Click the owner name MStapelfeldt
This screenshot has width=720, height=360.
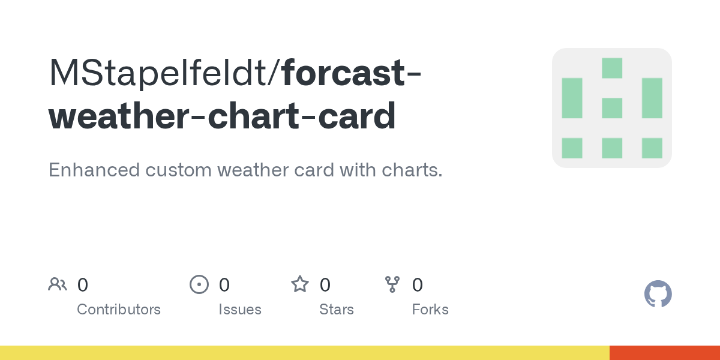coord(158,73)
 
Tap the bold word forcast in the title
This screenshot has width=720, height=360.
coord(343,73)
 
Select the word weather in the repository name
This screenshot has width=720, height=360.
coord(118,116)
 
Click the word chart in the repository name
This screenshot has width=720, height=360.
coord(254,116)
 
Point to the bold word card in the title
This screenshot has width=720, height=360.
coord(357,116)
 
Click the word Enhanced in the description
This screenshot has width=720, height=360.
coord(94,170)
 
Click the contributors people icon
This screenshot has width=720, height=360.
coord(58,284)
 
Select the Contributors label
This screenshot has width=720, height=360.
coord(119,310)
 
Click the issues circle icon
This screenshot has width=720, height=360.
coord(199,284)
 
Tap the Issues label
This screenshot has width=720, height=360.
coord(240,310)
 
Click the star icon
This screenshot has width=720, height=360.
coord(300,284)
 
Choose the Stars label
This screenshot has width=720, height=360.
coord(337,310)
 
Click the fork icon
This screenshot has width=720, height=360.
coord(392,284)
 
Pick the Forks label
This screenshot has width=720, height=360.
coord(430,310)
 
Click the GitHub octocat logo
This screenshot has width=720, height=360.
coord(658,294)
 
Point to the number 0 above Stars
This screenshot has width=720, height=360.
coord(325,285)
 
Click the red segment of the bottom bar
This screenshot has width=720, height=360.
coord(665,353)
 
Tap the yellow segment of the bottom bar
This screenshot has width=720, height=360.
coord(305,353)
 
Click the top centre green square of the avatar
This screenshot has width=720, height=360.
coord(612,68)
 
